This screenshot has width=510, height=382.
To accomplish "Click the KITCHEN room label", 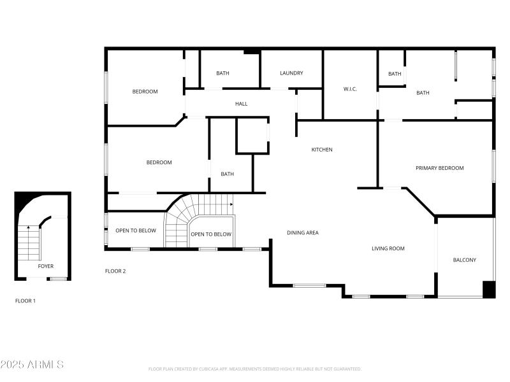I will click(x=321, y=150).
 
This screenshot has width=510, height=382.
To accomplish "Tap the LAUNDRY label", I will click(x=291, y=73).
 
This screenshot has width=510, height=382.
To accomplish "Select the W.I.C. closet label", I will click(x=350, y=89).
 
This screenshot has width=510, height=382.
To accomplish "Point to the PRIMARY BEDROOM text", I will click(x=439, y=168).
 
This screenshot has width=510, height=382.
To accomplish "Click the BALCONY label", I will click(x=464, y=260).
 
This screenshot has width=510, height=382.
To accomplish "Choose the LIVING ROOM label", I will click(x=388, y=248).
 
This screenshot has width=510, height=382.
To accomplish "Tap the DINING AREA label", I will click(x=303, y=233).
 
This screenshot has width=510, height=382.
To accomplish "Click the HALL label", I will click(x=241, y=104).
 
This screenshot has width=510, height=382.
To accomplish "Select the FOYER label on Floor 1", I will click(x=45, y=266).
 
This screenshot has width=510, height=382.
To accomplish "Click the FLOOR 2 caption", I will click(x=115, y=271).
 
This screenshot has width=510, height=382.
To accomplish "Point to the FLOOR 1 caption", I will click(x=25, y=301).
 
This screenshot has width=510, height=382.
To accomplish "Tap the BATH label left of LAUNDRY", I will click(x=222, y=73).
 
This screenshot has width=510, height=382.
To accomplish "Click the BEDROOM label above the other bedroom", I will click(x=145, y=92).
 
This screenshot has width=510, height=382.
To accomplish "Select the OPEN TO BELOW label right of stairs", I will click(x=211, y=234).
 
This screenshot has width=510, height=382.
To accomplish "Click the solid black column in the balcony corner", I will click(x=488, y=289).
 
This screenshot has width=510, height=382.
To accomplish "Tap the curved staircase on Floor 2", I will click(x=185, y=216).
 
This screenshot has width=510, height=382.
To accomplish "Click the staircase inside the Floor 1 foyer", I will click(x=28, y=242).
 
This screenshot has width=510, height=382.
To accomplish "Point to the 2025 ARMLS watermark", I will click(x=32, y=365).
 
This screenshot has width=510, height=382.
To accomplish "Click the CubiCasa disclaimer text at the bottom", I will click(x=255, y=369).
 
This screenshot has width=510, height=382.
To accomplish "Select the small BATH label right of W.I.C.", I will click(x=395, y=74).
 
